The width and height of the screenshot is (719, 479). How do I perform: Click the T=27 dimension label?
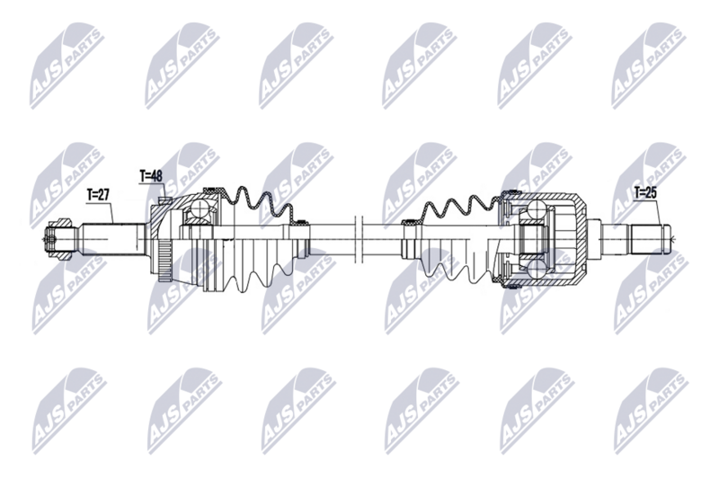99,193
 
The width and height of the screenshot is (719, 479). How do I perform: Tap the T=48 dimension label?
150,176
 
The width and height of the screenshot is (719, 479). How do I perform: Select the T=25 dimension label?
646,192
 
